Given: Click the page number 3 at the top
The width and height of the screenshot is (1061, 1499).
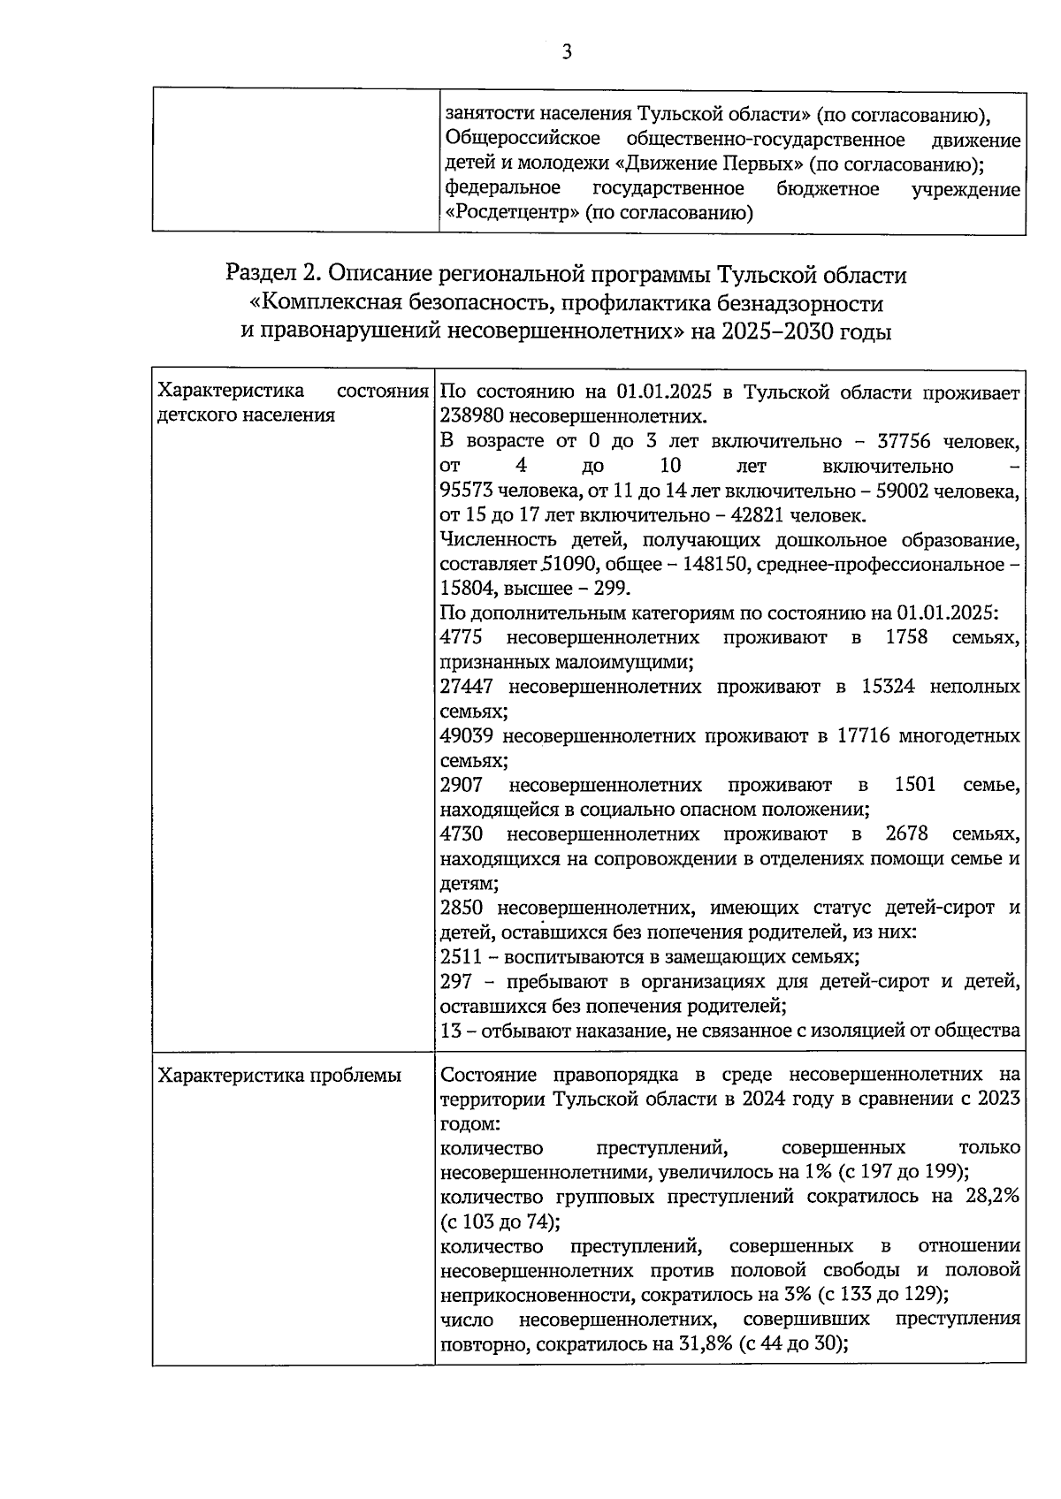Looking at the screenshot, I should coord(567,52).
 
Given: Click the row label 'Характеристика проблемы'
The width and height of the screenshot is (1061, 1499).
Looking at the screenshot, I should coord(279,1076).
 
